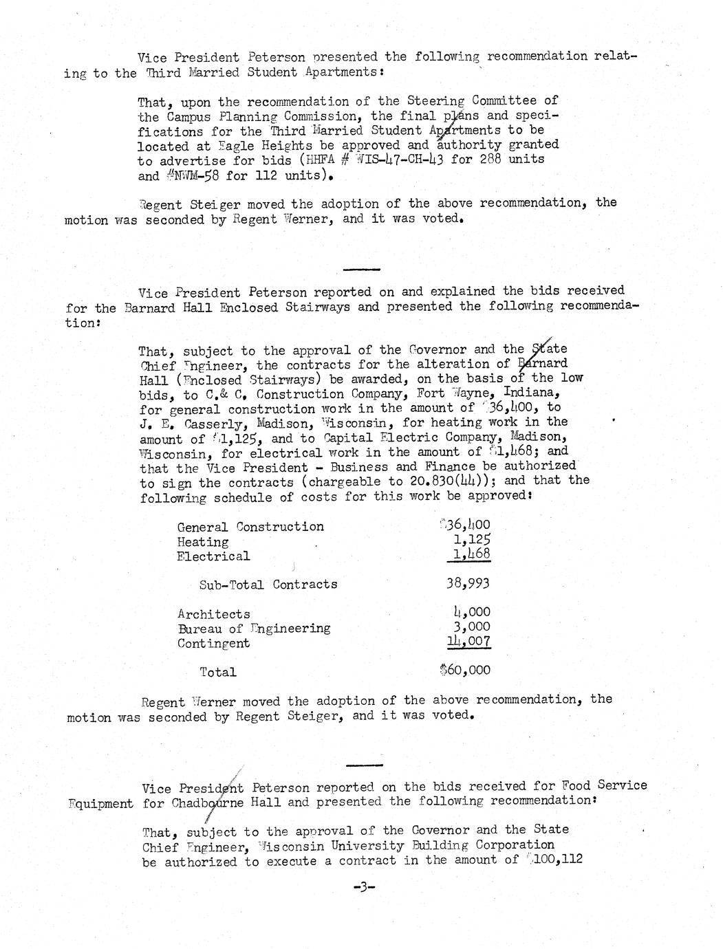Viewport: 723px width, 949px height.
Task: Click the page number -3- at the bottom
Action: point(363,888)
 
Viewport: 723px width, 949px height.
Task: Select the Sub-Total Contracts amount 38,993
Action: point(468,584)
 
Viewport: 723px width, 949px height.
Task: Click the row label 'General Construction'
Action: point(250,527)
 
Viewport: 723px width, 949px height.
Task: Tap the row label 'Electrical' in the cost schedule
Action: point(213,556)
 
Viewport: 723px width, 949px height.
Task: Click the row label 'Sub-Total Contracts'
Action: point(268,585)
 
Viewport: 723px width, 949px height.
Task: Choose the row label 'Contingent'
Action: point(213,644)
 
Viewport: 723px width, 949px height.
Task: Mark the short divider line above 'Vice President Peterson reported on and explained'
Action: point(360,268)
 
